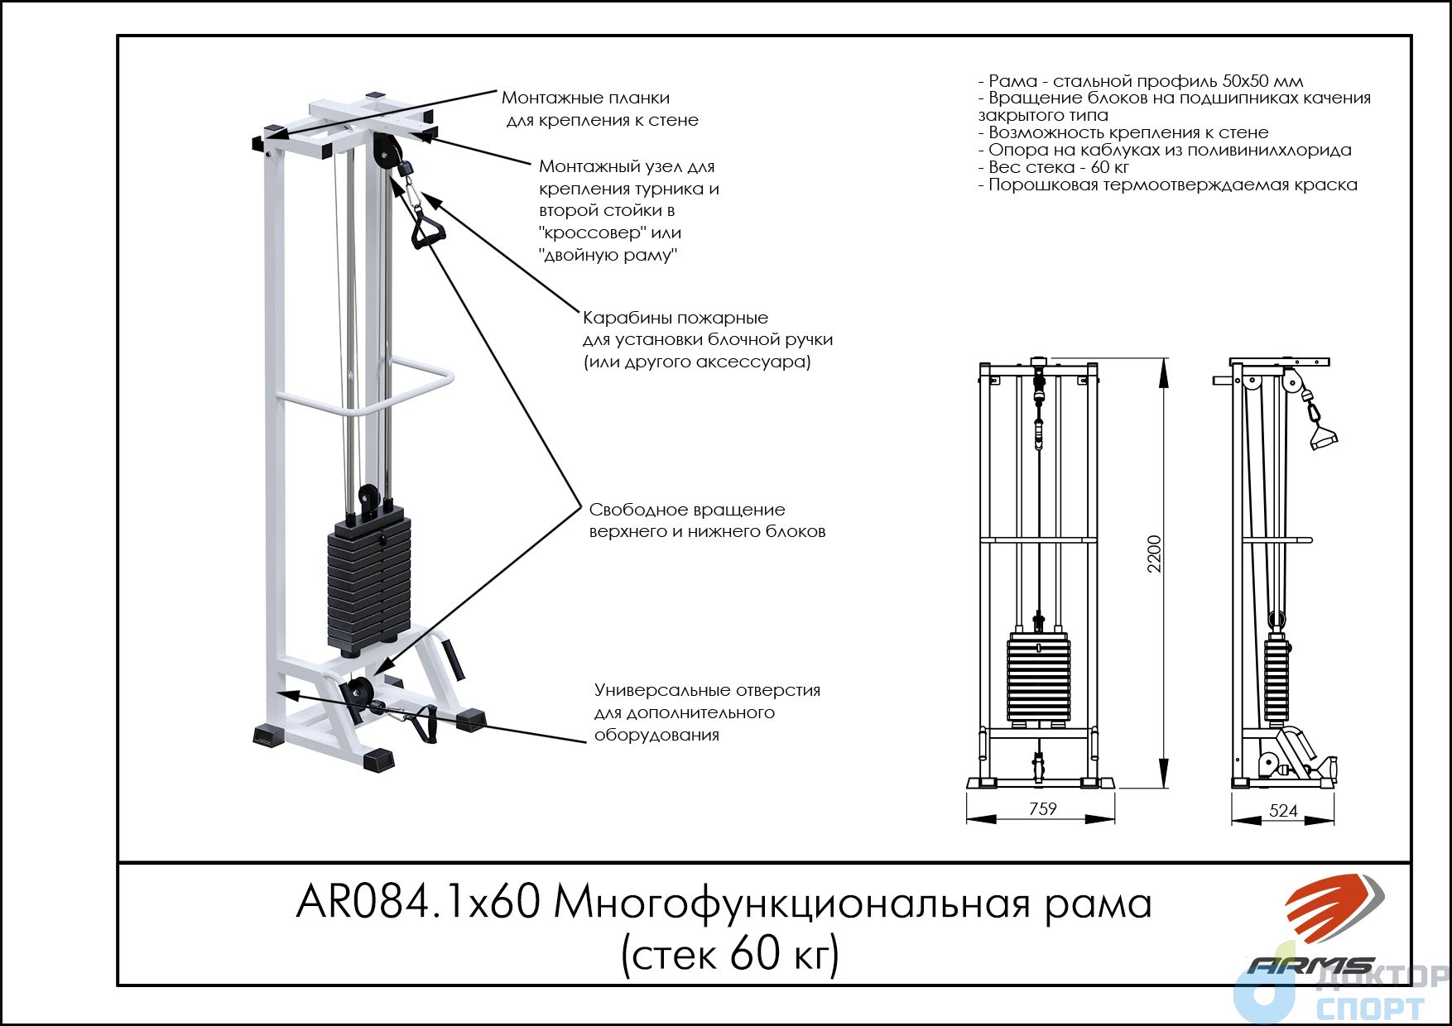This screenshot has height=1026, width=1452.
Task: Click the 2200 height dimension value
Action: click(x=1155, y=554)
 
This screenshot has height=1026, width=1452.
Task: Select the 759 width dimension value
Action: click(x=1042, y=808)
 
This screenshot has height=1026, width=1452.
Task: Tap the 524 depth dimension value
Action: click(x=1283, y=810)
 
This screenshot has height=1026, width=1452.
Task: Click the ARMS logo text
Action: click(x=1310, y=966)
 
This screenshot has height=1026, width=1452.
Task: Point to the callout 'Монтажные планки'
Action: click(x=585, y=98)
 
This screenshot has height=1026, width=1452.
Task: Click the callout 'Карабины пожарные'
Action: click(x=676, y=318)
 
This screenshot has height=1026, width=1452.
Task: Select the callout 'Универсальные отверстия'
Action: click(x=707, y=690)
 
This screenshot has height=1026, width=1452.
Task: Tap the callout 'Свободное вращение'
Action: click(x=687, y=510)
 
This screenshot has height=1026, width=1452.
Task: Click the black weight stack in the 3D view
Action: click(x=369, y=580)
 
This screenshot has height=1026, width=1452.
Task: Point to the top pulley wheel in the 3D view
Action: click(x=385, y=151)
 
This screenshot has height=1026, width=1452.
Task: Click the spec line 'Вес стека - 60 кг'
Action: click(x=1053, y=167)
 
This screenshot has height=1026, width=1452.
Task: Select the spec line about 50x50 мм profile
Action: click(x=1141, y=81)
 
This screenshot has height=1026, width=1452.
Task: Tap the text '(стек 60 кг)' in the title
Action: click(x=730, y=954)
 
